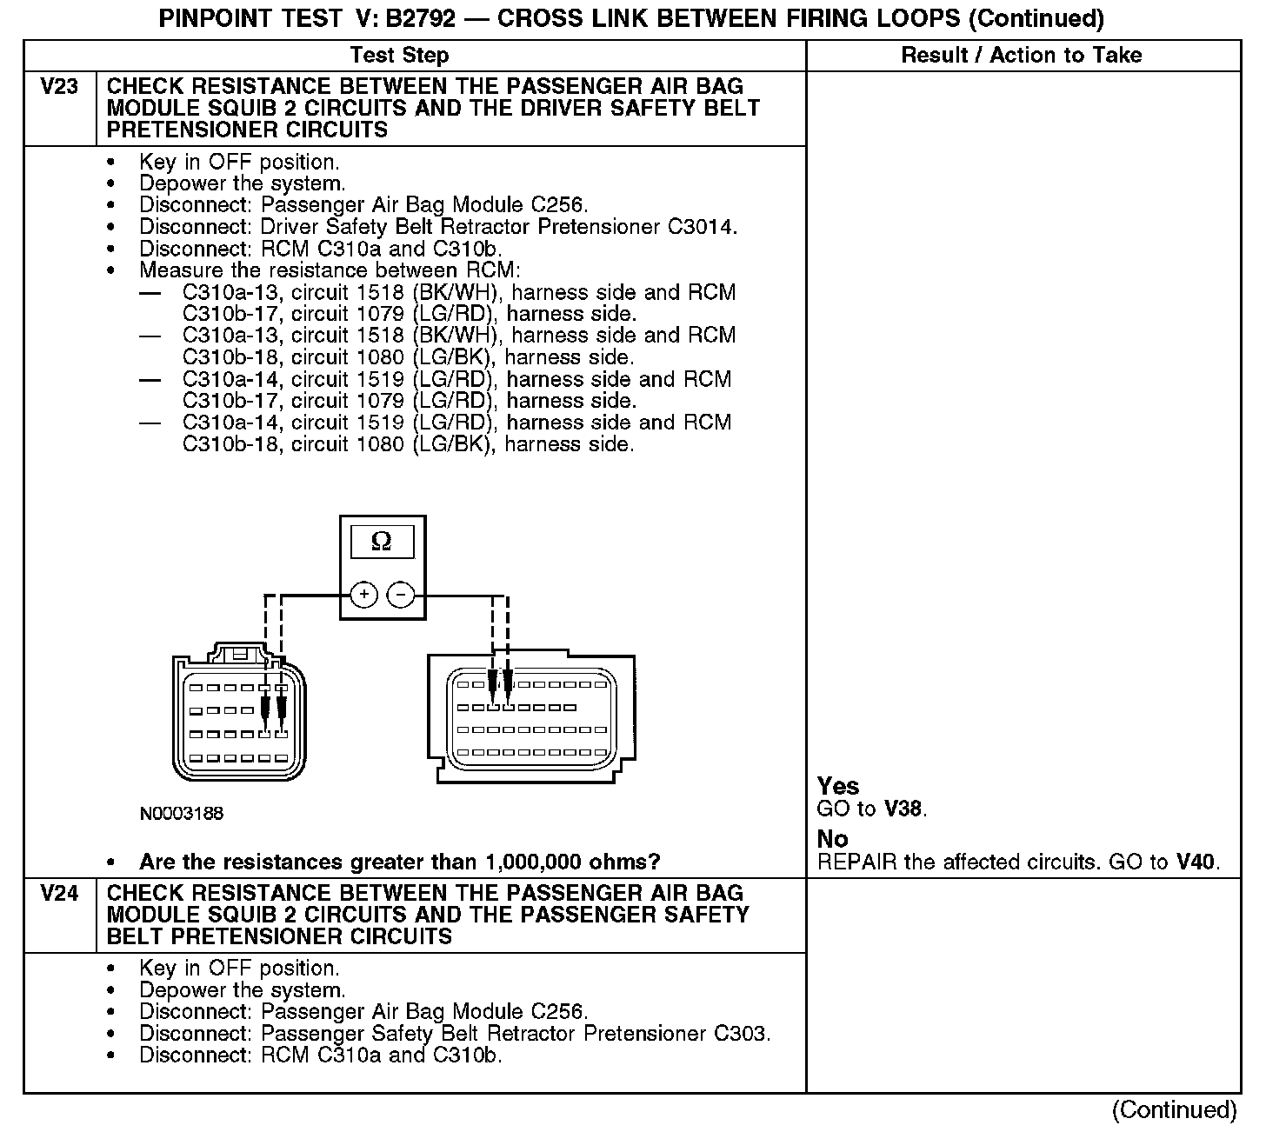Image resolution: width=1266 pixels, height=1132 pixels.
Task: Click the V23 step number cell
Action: (x=59, y=87)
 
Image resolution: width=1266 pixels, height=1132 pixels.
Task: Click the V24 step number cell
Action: (x=59, y=894)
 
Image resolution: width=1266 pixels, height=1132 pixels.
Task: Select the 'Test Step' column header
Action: (x=399, y=56)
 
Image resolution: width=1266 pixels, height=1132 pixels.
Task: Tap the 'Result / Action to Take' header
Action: (x=1021, y=56)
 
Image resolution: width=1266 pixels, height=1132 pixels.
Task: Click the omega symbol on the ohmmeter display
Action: (x=381, y=542)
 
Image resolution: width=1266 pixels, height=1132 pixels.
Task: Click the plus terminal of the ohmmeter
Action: (x=363, y=596)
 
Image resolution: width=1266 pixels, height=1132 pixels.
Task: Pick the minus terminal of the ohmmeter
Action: (x=400, y=596)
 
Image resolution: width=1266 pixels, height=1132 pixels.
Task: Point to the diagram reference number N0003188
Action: (x=181, y=814)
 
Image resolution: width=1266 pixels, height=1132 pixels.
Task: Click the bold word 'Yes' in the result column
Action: (x=838, y=786)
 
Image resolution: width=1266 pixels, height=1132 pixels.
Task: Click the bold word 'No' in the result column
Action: (x=832, y=839)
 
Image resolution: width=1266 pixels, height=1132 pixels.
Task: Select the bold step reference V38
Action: (x=903, y=809)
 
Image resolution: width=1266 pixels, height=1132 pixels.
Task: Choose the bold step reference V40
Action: (x=1196, y=862)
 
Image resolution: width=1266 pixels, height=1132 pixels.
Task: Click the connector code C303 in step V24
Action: (x=740, y=1034)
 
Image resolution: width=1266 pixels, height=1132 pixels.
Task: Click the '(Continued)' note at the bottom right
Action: (x=1173, y=1110)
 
